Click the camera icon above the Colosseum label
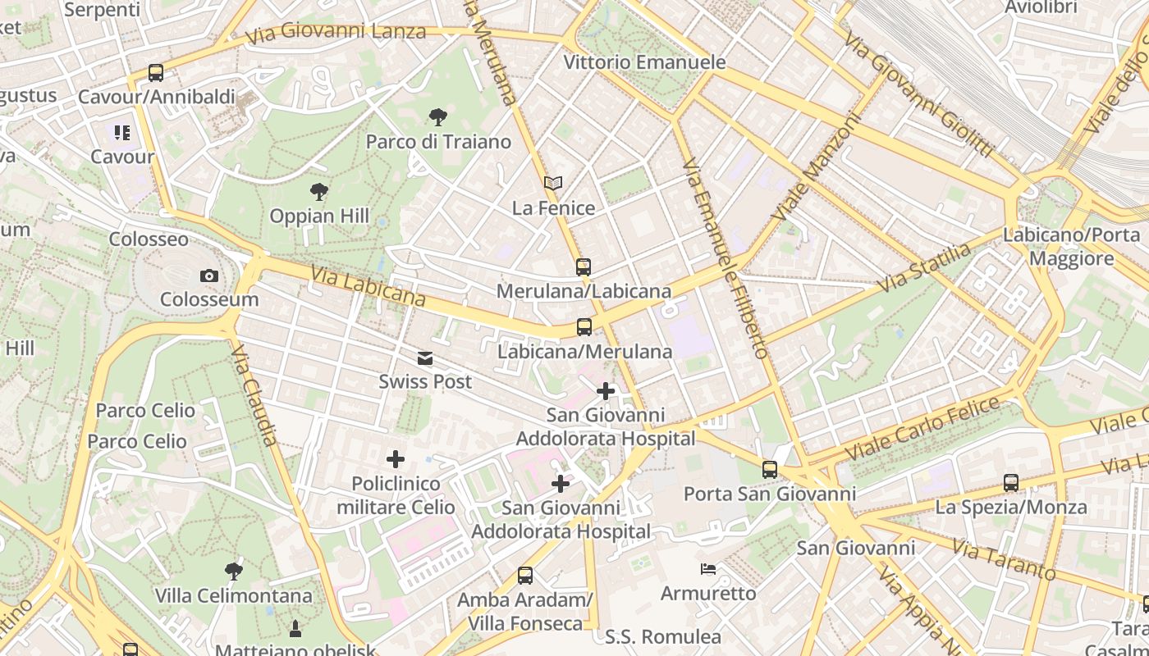(x=209, y=276)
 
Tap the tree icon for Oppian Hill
(x=319, y=193)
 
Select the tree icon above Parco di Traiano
(x=437, y=117)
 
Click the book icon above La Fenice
(x=553, y=184)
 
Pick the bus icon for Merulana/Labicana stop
(x=583, y=267)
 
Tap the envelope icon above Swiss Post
(x=424, y=358)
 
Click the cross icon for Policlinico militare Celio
(x=396, y=459)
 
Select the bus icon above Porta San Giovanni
(x=769, y=470)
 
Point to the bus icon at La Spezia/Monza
(x=1011, y=483)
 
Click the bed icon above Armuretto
(x=708, y=569)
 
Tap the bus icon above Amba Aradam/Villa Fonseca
(x=525, y=576)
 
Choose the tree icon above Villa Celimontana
(x=234, y=572)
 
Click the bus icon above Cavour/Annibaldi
(x=155, y=73)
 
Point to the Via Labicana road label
(x=369, y=286)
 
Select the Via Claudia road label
(x=255, y=395)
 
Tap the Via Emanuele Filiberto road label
(x=726, y=257)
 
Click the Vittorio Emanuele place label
(x=644, y=62)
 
